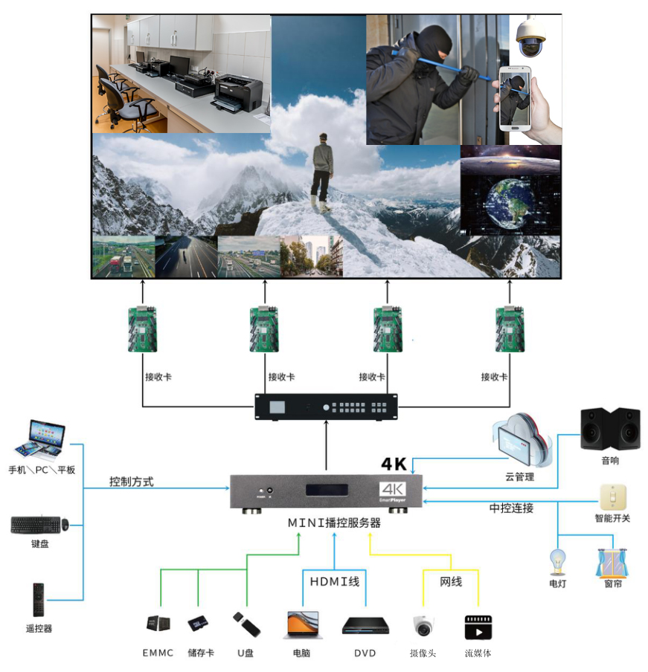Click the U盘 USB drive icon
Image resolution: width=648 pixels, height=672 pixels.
(x=246, y=624)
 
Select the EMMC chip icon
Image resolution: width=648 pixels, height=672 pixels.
(x=158, y=625)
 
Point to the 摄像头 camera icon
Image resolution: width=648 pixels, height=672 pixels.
(x=423, y=626)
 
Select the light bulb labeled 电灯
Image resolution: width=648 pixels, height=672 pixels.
(x=557, y=562)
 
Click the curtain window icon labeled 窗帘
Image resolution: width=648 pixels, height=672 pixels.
(x=612, y=563)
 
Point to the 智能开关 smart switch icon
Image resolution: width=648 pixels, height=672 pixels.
(x=612, y=497)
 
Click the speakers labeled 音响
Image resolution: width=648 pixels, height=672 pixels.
(x=610, y=428)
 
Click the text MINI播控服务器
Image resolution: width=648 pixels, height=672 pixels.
(x=334, y=523)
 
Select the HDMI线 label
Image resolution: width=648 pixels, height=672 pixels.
(x=334, y=581)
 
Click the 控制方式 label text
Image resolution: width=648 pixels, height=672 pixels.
(x=131, y=482)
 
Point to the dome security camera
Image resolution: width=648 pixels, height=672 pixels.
(x=530, y=38)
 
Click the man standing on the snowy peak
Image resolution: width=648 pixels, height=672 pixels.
(x=321, y=171)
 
